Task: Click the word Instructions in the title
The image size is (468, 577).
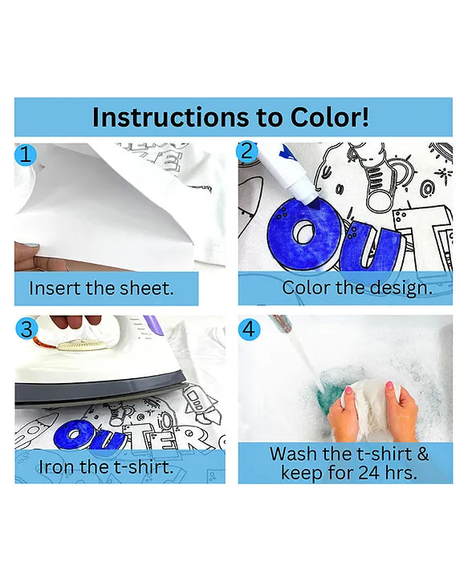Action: tap(170, 117)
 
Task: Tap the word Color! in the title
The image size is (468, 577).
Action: tap(329, 117)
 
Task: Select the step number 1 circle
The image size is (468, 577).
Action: tap(26, 155)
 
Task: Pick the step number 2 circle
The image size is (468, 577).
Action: tap(248, 151)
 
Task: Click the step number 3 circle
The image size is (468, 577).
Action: tap(26, 329)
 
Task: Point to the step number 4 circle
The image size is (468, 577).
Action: tap(250, 329)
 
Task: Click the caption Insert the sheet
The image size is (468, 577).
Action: tap(101, 288)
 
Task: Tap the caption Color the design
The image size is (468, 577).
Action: tap(357, 288)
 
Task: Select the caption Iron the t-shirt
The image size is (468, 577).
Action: tap(106, 467)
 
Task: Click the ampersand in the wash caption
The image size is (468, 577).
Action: tap(423, 454)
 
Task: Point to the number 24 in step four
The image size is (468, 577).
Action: tap(368, 473)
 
